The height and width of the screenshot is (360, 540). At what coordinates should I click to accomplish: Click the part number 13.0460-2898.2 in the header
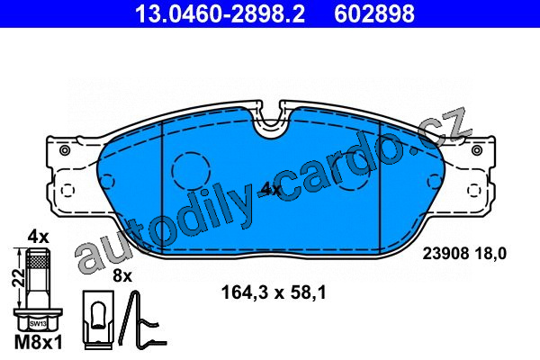click(220, 13)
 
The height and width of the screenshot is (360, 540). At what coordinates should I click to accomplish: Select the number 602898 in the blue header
click(374, 13)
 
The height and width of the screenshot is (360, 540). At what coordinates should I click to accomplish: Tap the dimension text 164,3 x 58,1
click(273, 293)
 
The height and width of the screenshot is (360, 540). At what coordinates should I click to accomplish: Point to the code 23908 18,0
click(464, 254)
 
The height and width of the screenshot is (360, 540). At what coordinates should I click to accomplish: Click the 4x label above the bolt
click(38, 237)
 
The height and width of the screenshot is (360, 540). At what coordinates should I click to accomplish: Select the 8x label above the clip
click(122, 275)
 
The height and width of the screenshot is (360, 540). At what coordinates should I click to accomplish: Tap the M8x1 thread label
click(39, 343)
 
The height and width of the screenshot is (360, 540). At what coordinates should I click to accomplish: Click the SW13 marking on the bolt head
click(38, 324)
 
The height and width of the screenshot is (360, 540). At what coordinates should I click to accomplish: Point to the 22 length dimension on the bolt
click(19, 278)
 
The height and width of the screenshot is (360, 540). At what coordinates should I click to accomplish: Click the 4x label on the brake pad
click(271, 189)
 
